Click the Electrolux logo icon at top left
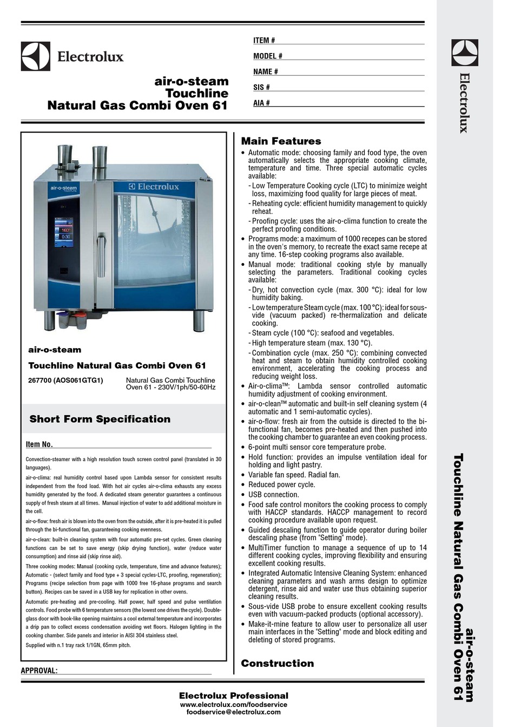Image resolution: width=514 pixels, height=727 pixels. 36,56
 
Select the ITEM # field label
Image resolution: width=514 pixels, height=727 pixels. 264,41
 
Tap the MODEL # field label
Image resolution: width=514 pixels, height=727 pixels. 268,56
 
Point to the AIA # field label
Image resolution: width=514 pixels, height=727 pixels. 261,103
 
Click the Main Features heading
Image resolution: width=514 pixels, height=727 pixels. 281,141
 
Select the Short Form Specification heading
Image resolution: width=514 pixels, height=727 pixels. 100,419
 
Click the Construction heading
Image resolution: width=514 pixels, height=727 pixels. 277,663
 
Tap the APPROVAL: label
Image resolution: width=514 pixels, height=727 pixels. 39,671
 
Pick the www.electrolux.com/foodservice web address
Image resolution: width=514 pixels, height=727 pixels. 233,704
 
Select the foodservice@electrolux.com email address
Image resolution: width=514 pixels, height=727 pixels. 233,712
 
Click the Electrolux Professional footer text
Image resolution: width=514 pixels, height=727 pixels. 233,696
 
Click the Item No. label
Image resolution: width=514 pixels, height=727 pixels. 39,444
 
